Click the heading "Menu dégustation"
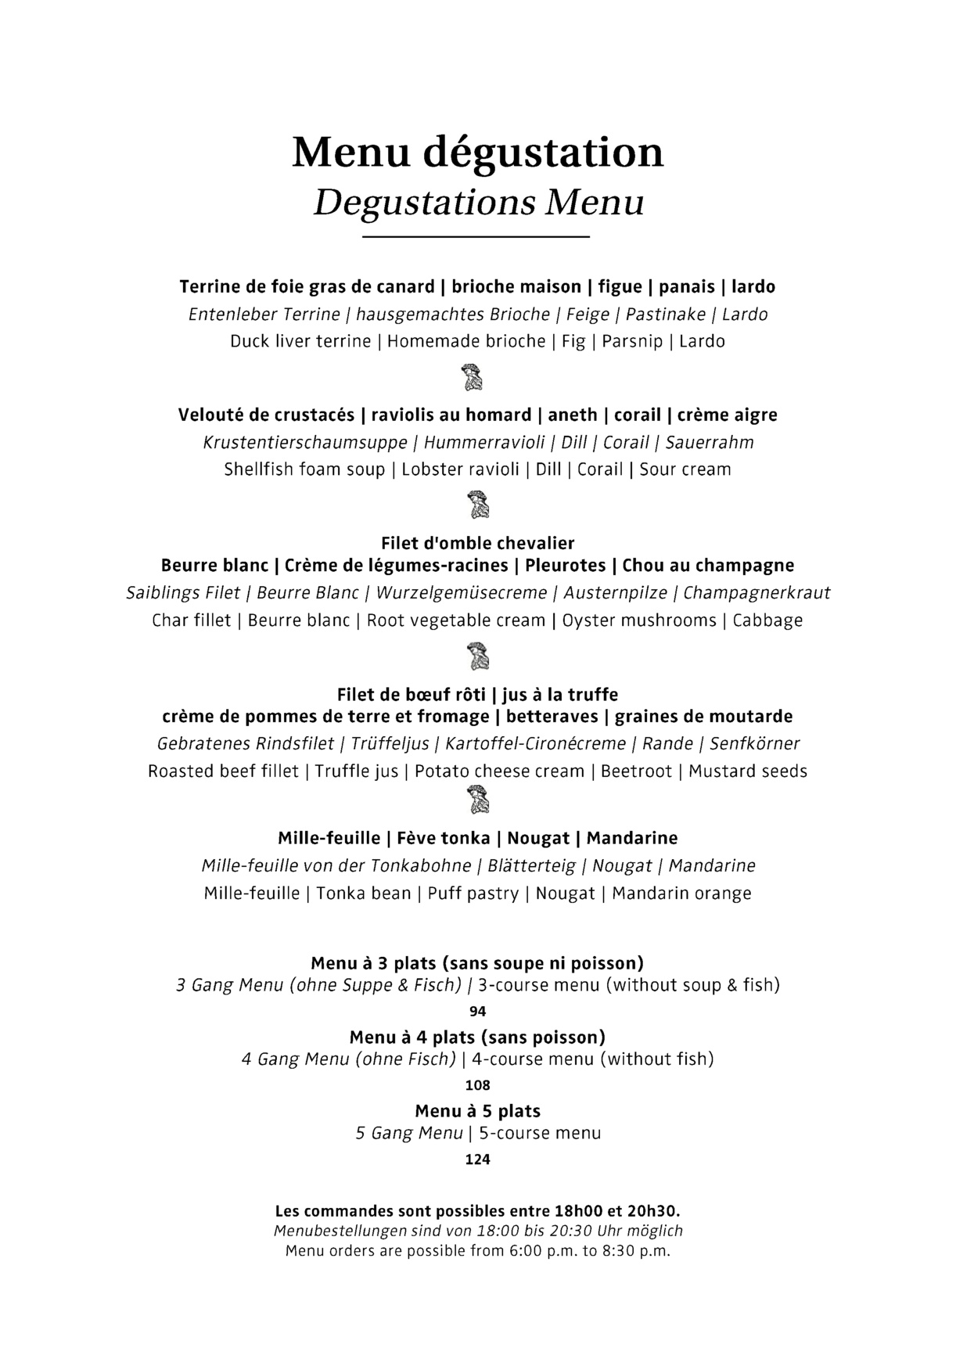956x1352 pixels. tap(477, 152)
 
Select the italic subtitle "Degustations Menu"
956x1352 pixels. tap(478, 202)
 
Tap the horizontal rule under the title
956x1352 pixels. tap(476, 236)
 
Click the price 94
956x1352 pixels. tap(477, 1011)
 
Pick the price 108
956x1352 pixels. tap(477, 1085)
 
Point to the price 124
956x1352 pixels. tap(477, 1160)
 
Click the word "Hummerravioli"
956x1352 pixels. tap(484, 443)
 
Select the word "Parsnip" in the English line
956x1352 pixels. tap(632, 342)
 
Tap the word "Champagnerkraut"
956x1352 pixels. tap(757, 593)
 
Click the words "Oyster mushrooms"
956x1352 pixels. tap(639, 620)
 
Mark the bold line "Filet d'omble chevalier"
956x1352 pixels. tap(477, 543)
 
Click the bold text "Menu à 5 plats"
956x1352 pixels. tap(477, 1111)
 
